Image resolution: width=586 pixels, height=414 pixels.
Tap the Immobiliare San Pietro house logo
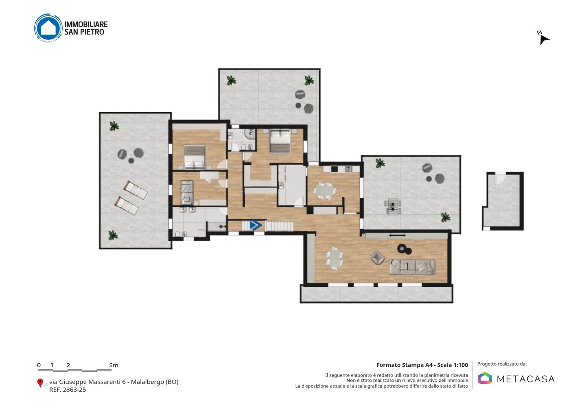point(48,28)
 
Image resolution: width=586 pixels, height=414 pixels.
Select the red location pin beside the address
point(40,383)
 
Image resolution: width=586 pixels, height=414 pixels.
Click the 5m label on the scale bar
point(114,365)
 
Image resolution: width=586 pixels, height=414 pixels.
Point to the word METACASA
point(526,379)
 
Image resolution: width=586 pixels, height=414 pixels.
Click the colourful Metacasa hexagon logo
point(485,378)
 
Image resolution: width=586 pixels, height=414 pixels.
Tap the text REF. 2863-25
point(68,390)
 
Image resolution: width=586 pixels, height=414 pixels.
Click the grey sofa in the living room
point(412,267)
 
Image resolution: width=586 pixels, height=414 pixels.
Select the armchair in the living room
point(378,257)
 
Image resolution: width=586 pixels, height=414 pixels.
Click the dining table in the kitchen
point(325,191)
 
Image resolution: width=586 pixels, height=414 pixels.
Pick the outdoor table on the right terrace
point(392,207)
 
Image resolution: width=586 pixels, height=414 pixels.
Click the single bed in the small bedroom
point(187,193)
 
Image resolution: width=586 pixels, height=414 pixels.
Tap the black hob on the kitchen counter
point(335,169)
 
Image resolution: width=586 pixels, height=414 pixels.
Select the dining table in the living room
point(335,258)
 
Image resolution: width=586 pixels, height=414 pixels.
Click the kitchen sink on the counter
point(348,169)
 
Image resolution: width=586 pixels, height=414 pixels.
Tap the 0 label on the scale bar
point(39,365)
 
